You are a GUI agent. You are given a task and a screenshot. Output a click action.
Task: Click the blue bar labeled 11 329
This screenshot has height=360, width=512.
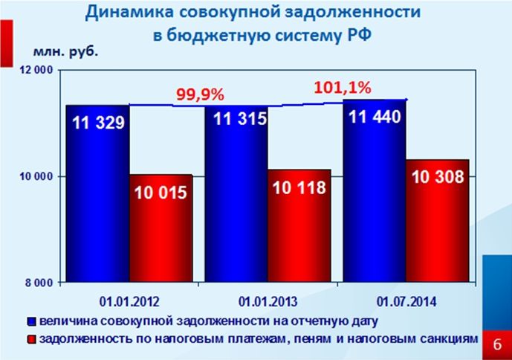pyautogui.click(x=97, y=193)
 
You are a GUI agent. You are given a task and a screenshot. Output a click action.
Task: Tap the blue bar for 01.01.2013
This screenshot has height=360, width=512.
pyautogui.click(x=236, y=193)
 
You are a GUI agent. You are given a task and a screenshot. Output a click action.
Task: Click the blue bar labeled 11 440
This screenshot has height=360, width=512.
pyautogui.click(x=375, y=190)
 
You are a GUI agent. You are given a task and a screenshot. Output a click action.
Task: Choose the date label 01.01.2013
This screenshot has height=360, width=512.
pyautogui.click(x=268, y=302)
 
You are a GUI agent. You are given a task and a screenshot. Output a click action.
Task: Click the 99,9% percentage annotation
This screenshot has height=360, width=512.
pyautogui.click(x=200, y=95)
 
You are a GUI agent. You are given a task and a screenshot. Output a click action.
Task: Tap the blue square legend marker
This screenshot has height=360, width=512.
pyautogui.click(x=31, y=323)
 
